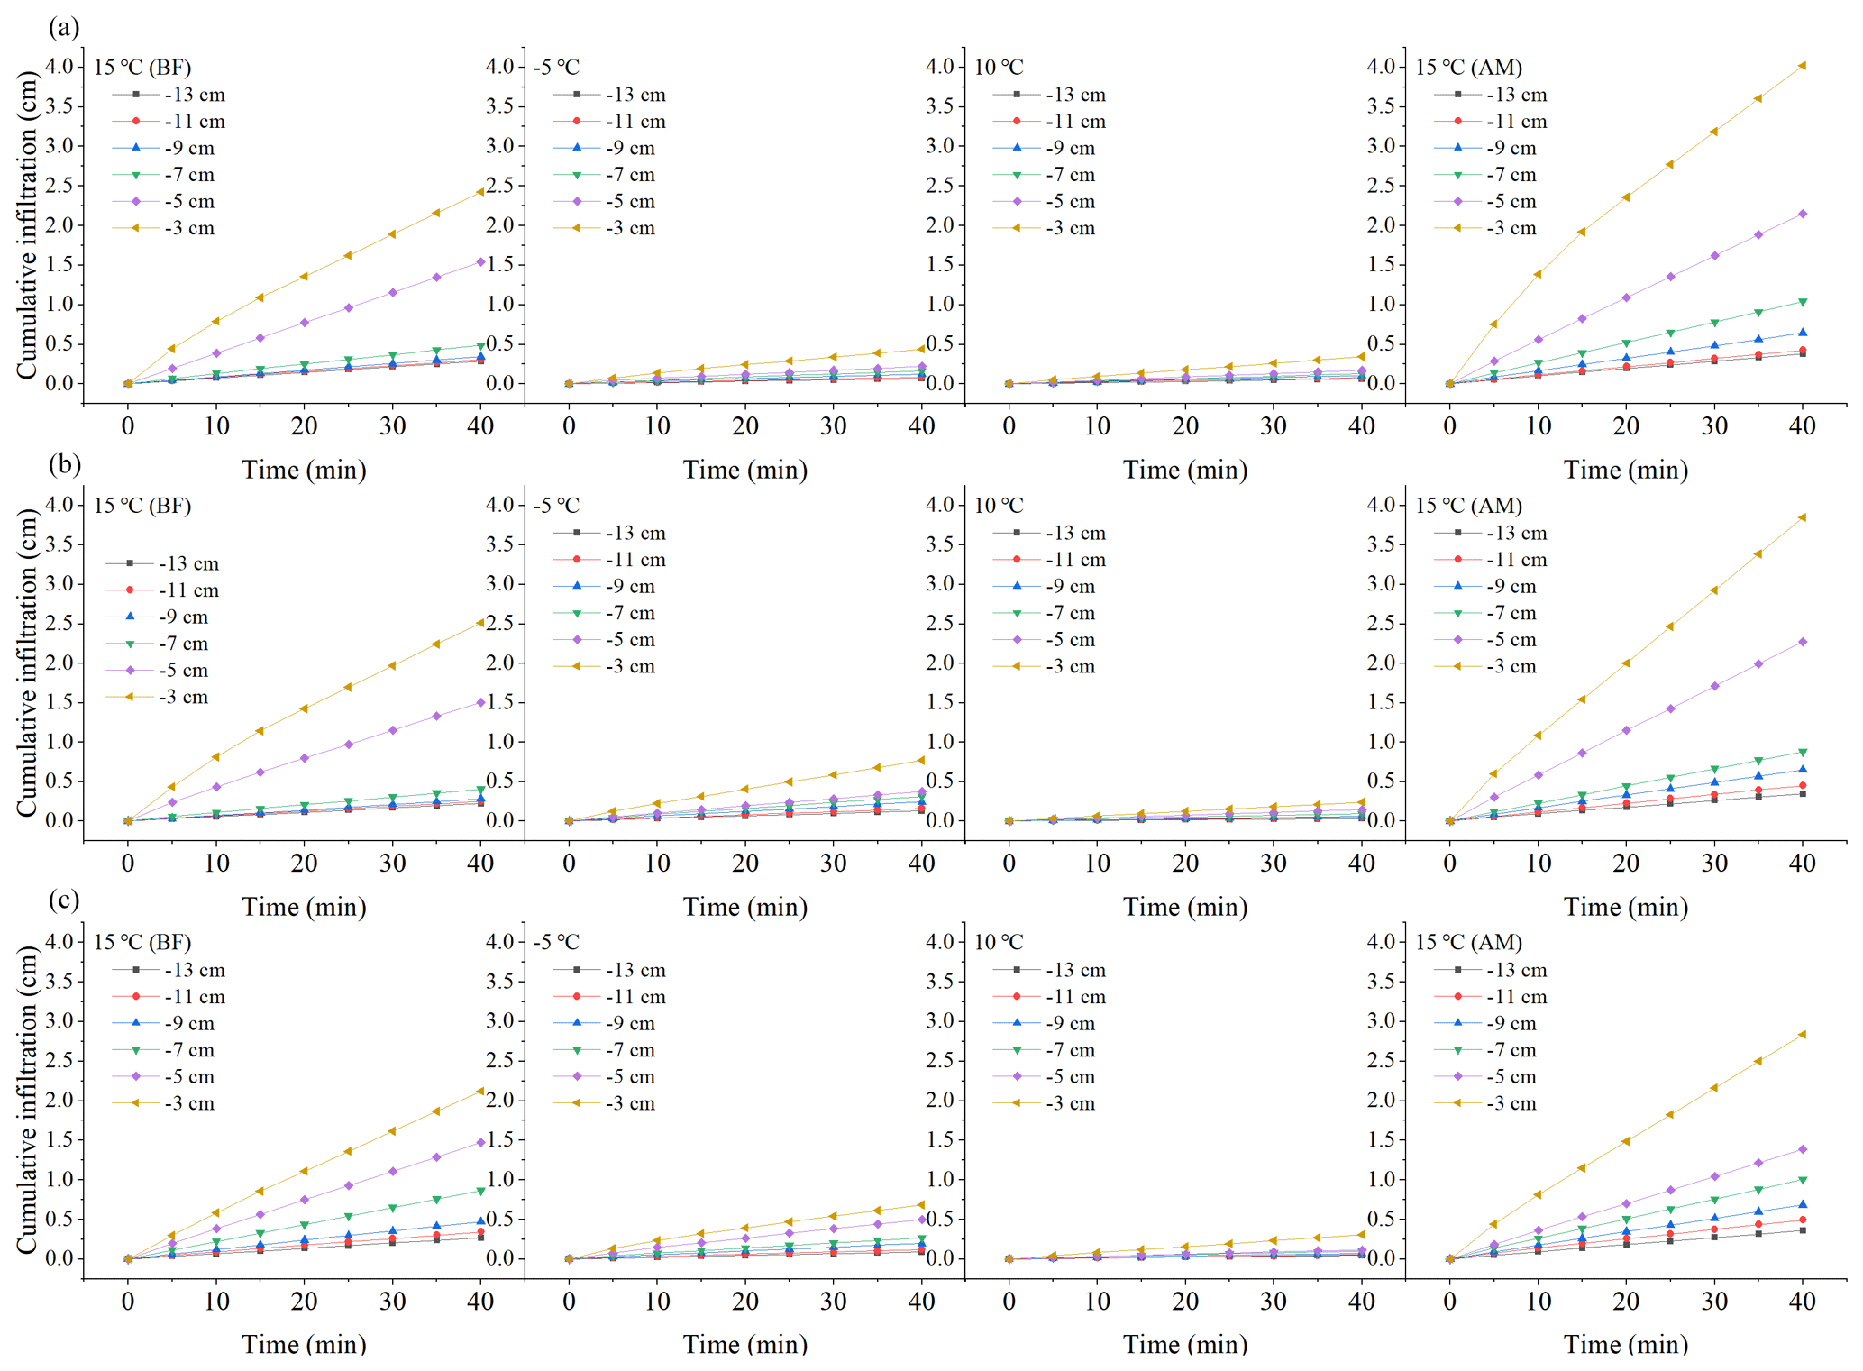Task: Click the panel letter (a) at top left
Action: pos(64,28)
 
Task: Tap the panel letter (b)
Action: pos(64,464)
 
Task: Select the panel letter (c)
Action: pos(64,900)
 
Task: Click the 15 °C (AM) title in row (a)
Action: pos(1468,68)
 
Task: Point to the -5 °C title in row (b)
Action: pos(556,506)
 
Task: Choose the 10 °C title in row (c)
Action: pos(999,943)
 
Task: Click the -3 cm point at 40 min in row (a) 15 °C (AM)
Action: pos(1802,66)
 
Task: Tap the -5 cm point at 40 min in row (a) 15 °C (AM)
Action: pos(1802,214)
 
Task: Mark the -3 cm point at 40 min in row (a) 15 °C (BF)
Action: pos(480,192)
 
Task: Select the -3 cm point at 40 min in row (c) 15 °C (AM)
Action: pos(1802,1035)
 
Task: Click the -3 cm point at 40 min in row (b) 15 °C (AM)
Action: pos(1802,517)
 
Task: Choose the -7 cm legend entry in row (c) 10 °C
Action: pos(1070,1050)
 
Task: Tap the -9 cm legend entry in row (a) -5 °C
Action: pos(629,148)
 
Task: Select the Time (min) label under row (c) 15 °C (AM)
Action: pos(1625,1344)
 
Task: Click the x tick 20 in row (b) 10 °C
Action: pos(1184,864)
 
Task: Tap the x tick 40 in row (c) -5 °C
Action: pos(921,1301)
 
